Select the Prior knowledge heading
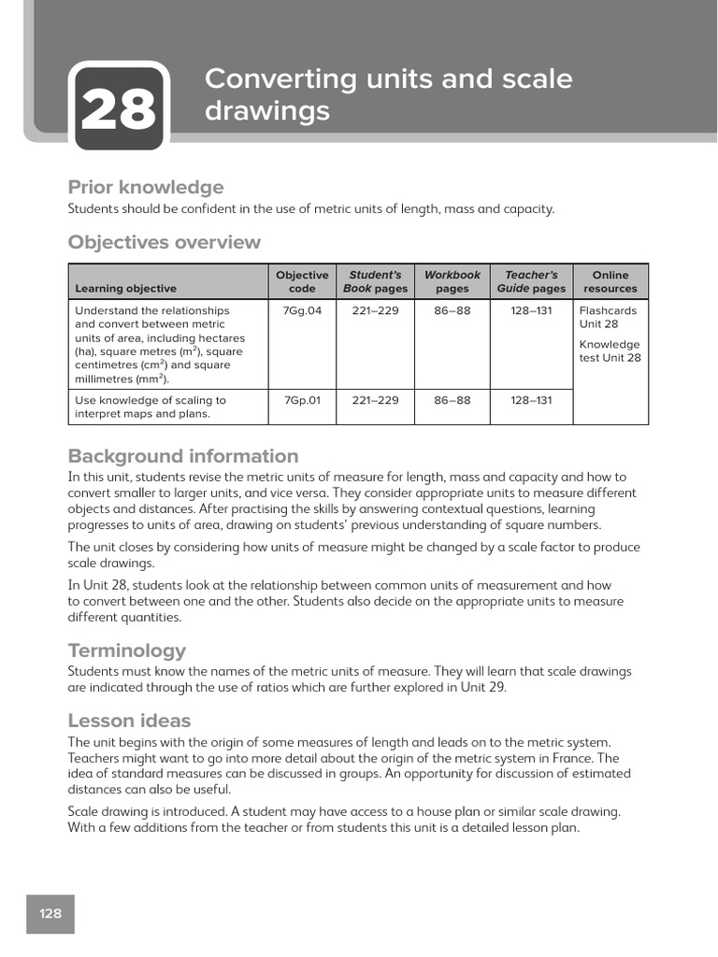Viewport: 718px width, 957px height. (146, 187)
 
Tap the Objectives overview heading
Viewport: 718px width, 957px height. (165, 242)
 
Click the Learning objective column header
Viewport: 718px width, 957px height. (125, 289)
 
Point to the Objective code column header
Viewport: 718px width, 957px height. (302, 281)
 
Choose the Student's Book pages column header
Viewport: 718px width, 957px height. (375, 281)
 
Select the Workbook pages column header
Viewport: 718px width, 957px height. (452, 281)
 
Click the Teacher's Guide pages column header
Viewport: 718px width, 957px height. (531, 281)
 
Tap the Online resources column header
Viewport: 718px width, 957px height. (610, 281)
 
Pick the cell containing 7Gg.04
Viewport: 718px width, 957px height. (302, 311)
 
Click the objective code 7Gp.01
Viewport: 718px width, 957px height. (302, 400)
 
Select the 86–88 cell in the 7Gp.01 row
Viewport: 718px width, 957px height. (452, 400)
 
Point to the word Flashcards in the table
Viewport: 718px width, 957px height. (608, 311)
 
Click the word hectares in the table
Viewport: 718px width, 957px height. (223, 338)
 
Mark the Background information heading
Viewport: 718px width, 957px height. (183, 456)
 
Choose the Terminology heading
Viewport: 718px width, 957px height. (127, 650)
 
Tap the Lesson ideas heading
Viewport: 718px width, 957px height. (129, 721)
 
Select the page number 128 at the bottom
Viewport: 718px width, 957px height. (50, 913)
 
